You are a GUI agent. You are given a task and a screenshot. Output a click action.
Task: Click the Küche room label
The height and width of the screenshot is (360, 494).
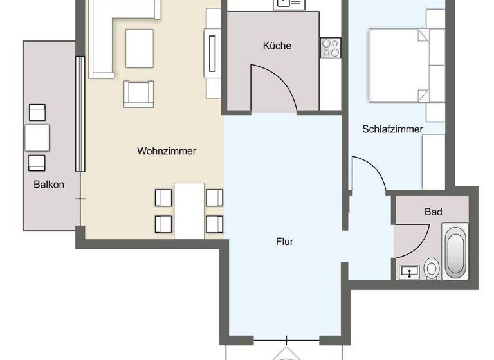pyautogui.click(x=277, y=46)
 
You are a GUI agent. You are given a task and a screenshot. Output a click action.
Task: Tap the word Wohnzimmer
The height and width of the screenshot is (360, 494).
pyautogui.click(x=166, y=151)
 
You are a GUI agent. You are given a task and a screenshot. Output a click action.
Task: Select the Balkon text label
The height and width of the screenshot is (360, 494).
pyautogui.click(x=50, y=184)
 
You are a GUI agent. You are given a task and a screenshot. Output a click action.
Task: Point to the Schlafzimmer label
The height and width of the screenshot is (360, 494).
pyautogui.click(x=392, y=129)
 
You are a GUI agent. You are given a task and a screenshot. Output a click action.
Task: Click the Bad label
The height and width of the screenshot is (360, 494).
pyautogui.click(x=433, y=212)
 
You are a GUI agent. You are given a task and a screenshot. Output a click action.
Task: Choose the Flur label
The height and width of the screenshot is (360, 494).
pyautogui.click(x=284, y=242)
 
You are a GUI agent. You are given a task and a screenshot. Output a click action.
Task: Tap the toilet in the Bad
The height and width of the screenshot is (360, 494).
pyautogui.click(x=432, y=268)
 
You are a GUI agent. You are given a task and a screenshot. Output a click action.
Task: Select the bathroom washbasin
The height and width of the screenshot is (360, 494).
pyautogui.click(x=408, y=272)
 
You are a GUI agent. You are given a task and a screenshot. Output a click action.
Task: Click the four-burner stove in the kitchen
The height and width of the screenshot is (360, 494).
pyautogui.click(x=330, y=48)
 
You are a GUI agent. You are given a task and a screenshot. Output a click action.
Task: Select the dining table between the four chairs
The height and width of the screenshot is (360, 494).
pyautogui.click(x=189, y=210)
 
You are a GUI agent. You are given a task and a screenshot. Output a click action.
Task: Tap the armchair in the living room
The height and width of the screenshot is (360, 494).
pyautogui.click(x=140, y=94)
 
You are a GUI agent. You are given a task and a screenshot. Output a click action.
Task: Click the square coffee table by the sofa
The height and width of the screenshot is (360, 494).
pyautogui.click(x=140, y=48)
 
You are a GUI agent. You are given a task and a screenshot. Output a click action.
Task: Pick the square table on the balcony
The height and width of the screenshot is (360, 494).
pyautogui.click(x=37, y=137)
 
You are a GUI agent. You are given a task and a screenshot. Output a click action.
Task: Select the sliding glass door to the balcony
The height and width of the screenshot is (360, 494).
pyautogui.click(x=80, y=114)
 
